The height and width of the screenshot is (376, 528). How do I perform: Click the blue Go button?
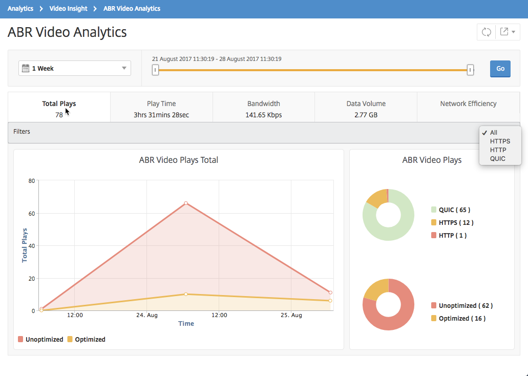coord(500,69)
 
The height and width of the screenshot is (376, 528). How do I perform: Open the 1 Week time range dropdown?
coord(74,69)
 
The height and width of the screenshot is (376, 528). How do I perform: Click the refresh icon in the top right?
coord(486,32)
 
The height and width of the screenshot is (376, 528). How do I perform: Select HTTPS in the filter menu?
coord(500,141)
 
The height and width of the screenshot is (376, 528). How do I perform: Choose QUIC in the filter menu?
coord(498,159)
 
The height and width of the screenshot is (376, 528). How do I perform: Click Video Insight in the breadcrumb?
coord(68,8)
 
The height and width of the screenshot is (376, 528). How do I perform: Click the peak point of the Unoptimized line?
coord(186,203)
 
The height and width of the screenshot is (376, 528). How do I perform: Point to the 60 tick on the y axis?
coord(32,213)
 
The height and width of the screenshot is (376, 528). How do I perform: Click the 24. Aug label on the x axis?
coord(147,316)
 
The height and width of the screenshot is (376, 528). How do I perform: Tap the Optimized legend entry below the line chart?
coord(86,339)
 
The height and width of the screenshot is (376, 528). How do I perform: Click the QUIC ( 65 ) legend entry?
coord(451,210)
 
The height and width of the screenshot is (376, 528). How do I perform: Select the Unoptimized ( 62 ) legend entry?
coord(461,306)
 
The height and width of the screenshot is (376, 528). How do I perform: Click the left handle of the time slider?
coord(155,70)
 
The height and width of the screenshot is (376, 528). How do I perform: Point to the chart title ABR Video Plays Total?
coord(178,160)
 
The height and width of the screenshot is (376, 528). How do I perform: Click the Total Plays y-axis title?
coord(25,245)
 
